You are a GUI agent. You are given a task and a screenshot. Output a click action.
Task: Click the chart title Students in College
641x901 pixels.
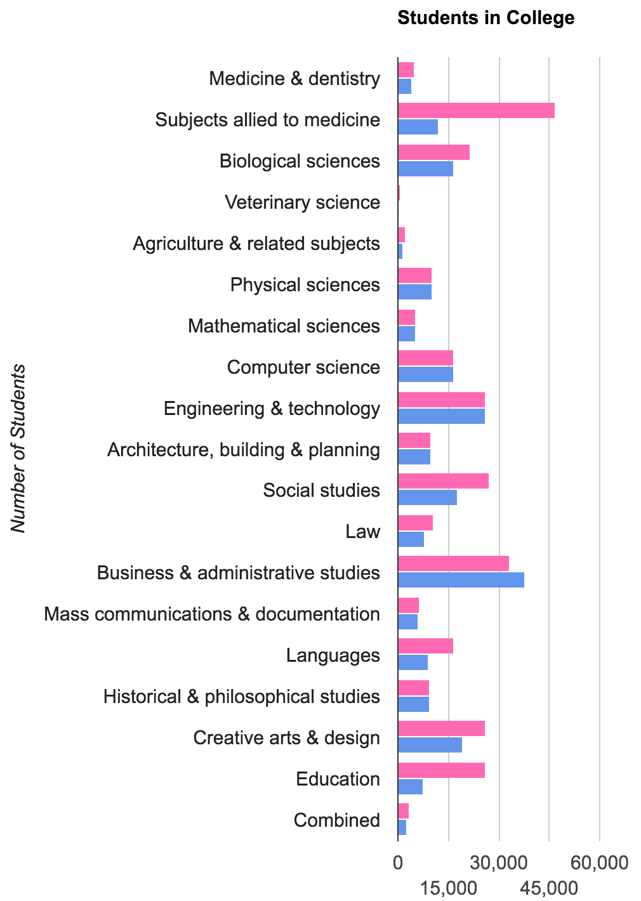click(486, 18)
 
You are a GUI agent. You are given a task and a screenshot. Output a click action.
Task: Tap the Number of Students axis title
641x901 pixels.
click(18, 448)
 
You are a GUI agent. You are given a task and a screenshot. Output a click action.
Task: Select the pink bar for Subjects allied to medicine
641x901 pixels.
click(476, 110)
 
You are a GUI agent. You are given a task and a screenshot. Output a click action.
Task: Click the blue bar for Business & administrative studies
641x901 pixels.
click(461, 580)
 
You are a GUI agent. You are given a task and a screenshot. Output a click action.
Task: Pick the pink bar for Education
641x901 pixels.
click(441, 770)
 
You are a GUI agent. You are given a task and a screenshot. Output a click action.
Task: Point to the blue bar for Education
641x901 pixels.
click(410, 786)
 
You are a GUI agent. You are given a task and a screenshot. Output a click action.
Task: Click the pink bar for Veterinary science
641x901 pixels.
click(399, 193)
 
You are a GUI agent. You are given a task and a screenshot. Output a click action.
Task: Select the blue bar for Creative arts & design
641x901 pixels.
click(430, 745)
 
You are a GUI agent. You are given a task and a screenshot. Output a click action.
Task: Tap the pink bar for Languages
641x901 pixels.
click(425, 647)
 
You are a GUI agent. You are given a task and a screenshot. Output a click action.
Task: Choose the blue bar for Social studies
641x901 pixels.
click(427, 498)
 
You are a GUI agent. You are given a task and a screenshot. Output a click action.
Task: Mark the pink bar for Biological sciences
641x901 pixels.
click(433, 152)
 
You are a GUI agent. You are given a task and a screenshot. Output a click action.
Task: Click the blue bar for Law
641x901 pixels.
click(411, 539)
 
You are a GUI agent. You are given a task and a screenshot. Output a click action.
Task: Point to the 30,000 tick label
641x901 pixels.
click(498, 863)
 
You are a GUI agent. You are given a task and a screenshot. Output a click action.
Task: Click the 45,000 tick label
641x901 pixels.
click(549, 888)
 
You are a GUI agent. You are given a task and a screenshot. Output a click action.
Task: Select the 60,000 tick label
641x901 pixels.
click(600, 863)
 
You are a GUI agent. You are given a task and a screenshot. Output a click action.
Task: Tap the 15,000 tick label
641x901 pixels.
click(449, 888)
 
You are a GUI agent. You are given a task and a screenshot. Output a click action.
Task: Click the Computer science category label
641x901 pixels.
click(303, 367)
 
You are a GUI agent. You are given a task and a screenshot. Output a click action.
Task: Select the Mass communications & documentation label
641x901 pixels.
click(212, 614)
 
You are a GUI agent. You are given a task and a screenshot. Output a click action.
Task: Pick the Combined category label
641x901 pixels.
click(336, 820)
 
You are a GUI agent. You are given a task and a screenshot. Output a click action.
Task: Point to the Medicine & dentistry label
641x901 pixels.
click(294, 79)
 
